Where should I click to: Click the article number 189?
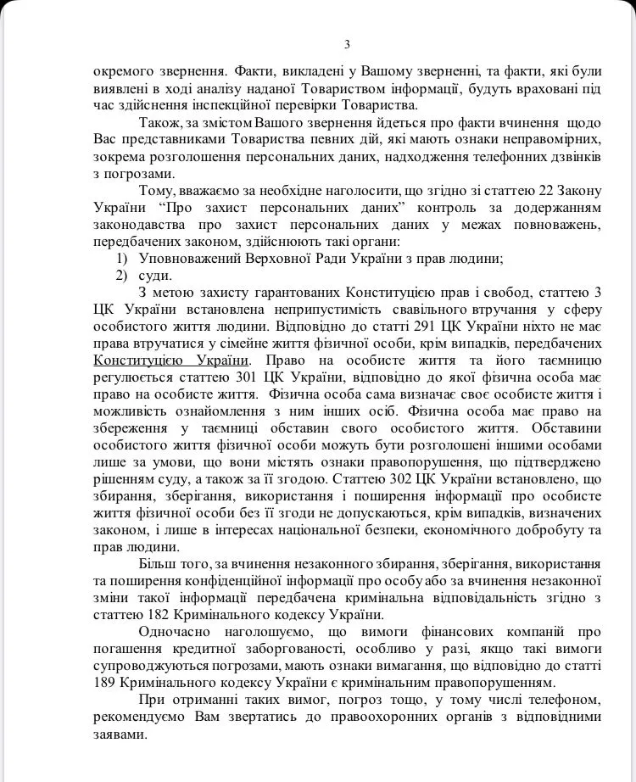coord(107,682)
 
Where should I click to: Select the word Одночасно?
coord(174,632)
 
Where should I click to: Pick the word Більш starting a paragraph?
coord(154,563)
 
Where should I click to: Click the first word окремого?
coord(121,70)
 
